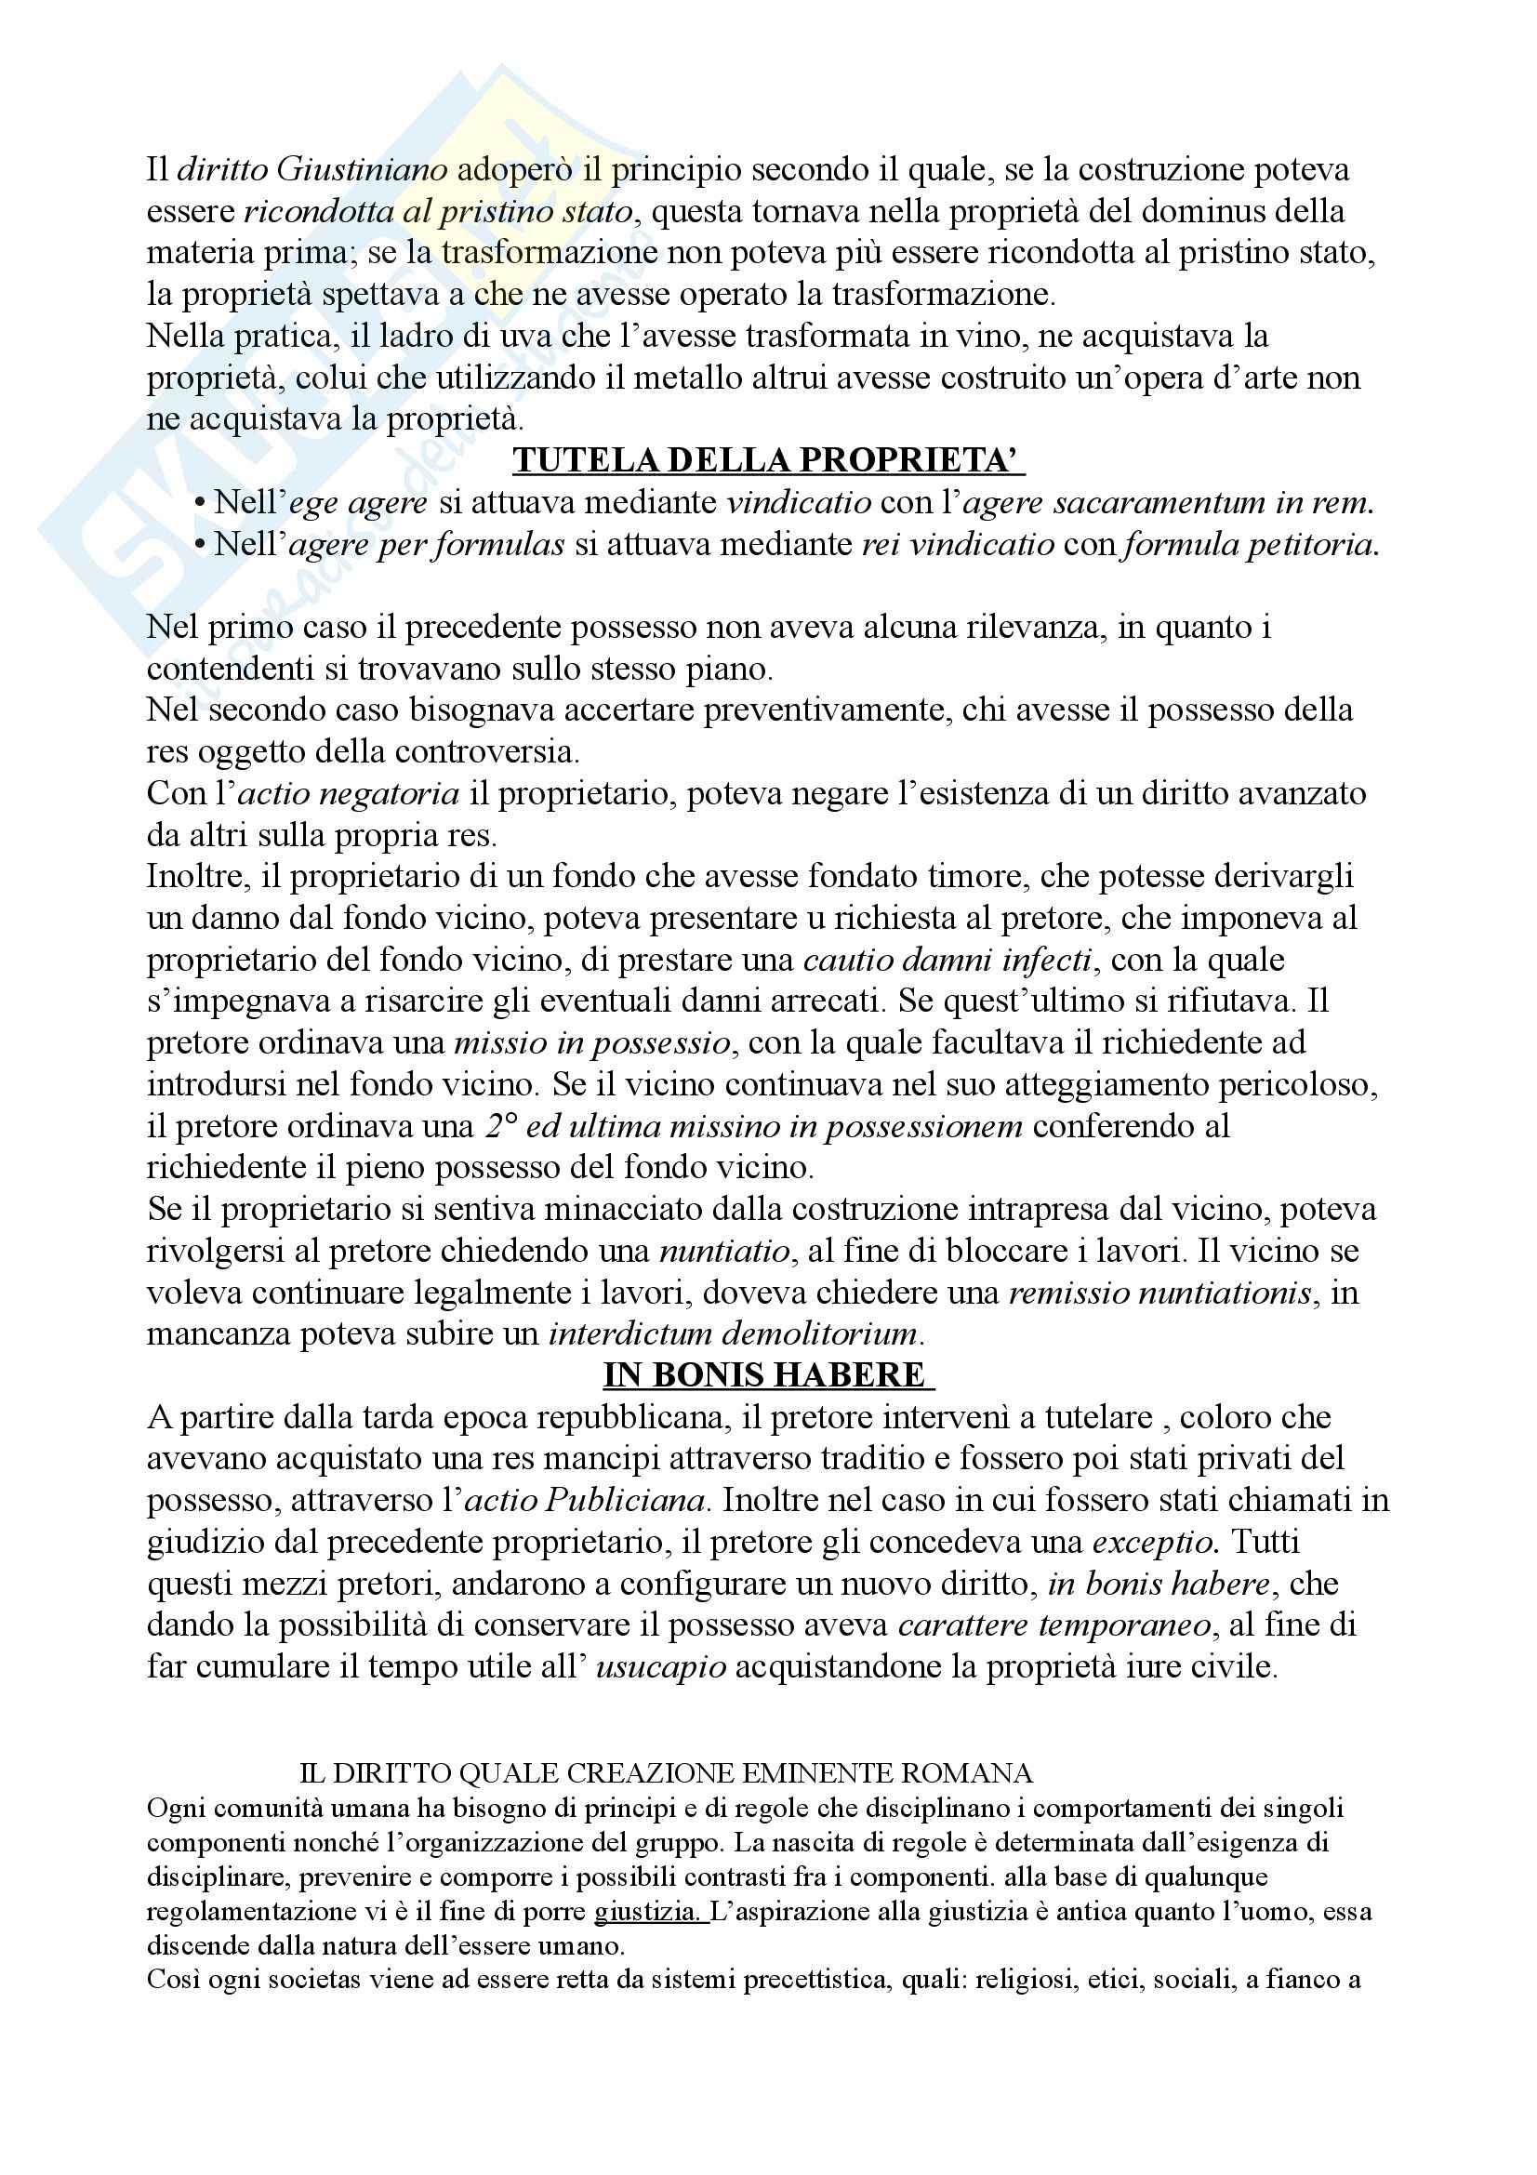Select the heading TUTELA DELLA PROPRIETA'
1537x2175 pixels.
point(769,460)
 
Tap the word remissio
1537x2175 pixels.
point(1063,1293)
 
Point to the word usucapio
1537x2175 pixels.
point(661,1667)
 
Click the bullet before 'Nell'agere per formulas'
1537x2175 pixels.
point(199,545)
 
